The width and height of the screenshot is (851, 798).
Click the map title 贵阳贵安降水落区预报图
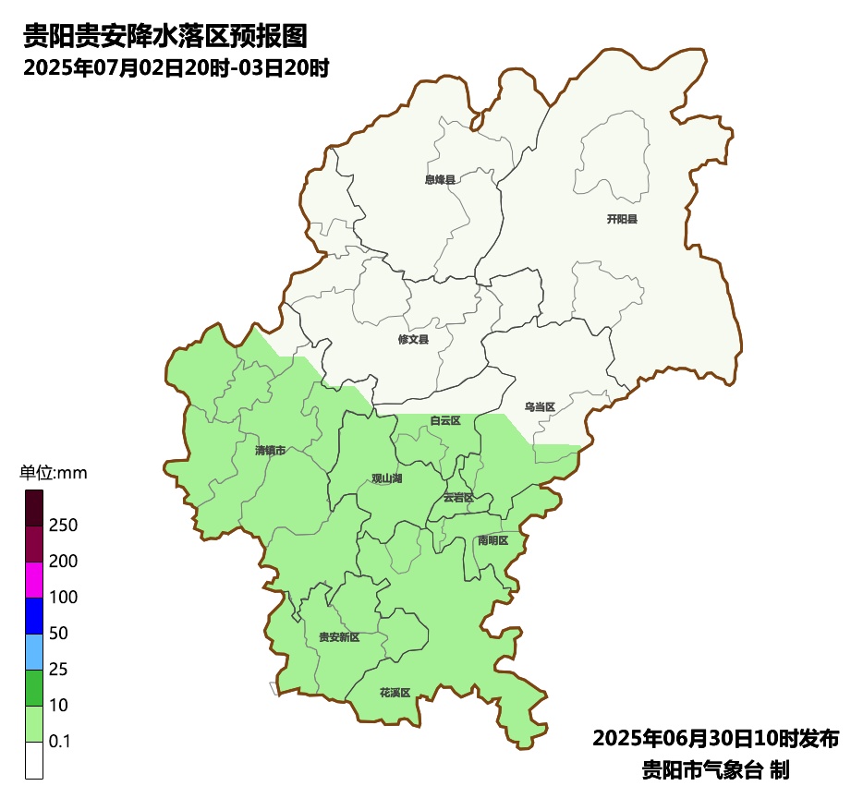pyautogui.click(x=164, y=37)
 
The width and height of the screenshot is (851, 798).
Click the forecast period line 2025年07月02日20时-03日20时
pyautogui.click(x=176, y=68)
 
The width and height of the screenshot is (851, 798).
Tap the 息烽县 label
pyautogui.click(x=440, y=180)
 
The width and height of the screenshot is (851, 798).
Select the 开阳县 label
pyautogui.click(x=622, y=220)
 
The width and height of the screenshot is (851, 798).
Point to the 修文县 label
pyautogui.click(x=413, y=340)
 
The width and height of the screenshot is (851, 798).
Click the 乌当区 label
pyautogui.click(x=539, y=407)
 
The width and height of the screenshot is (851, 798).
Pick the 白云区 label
pyautogui.click(x=444, y=421)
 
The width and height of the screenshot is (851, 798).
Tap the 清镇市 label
pyautogui.click(x=270, y=451)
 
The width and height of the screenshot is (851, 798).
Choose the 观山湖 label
pyautogui.click(x=386, y=478)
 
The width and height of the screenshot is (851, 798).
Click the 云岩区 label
pyautogui.click(x=457, y=497)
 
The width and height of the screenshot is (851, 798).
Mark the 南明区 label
pyautogui.click(x=492, y=540)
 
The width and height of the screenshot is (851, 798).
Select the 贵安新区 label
pyautogui.click(x=338, y=637)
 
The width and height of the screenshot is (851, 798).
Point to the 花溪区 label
pyautogui.click(x=394, y=692)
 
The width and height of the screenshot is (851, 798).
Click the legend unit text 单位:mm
pyautogui.click(x=53, y=474)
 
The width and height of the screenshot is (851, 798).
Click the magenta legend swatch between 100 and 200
pyautogui.click(x=34, y=580)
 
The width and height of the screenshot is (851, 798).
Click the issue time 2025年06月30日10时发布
pyautogui.click(x=715, y=739)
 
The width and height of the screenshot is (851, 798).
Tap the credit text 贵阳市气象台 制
pyautogui.click(x=715, y=769)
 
